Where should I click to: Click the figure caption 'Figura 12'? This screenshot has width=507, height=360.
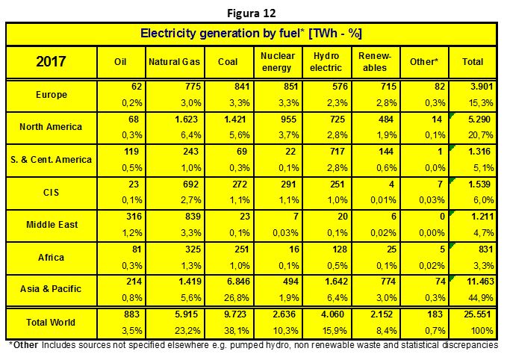point(251,13)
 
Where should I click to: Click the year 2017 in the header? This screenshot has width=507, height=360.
point(51,61)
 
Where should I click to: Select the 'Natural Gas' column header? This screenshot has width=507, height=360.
point(174,62)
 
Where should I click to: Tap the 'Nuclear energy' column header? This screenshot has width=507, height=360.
point(278,62)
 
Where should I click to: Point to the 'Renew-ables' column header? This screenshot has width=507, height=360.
point(375,62)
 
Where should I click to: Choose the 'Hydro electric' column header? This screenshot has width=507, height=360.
point(326,62)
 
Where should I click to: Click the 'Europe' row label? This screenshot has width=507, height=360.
point(52,95)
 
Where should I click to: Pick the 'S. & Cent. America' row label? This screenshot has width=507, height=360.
point(51,160)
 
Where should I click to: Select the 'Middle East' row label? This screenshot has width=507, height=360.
point(52,225)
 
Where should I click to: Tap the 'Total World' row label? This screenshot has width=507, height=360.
point(51,323)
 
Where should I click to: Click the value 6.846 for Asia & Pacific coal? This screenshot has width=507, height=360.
point(238,282)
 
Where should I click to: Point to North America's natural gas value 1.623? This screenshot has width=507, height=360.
point(186,120)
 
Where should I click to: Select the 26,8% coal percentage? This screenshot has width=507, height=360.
point(237,297)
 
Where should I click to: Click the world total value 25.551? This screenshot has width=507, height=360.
point(477,314)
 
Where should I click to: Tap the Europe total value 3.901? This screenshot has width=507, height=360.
point(481,87)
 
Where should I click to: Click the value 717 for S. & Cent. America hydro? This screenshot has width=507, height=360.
point(338,152)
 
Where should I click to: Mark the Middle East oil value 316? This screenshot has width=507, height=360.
point(133,216)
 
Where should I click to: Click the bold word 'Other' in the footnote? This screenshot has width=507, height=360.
point(25,345)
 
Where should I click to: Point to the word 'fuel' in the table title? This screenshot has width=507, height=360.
point(288,34)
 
